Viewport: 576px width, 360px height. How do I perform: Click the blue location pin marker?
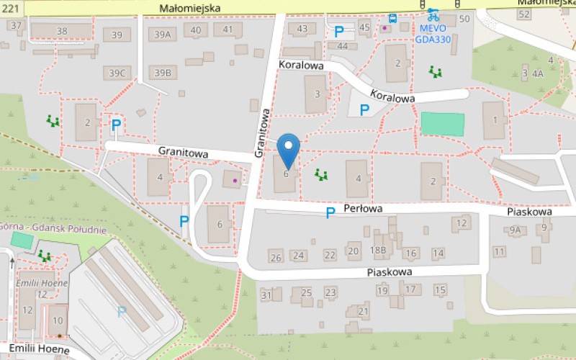288,150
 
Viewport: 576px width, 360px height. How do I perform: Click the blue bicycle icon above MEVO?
433,14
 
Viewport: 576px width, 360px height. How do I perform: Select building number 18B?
379,250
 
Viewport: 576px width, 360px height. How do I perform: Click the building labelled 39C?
117,73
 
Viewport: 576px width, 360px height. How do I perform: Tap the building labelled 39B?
163,73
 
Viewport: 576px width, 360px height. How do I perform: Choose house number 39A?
163,34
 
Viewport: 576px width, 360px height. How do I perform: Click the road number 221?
10,6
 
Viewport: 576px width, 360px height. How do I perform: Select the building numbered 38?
62,31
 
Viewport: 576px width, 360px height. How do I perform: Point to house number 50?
464,19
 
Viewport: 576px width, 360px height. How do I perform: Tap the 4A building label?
537,73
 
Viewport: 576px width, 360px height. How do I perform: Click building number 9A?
514,230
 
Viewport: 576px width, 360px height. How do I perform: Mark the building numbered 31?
266,295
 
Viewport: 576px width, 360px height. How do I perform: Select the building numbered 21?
363,311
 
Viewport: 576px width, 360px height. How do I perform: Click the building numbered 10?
58,320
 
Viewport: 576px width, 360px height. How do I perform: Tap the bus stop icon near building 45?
392,19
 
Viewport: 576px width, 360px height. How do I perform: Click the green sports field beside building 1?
442,124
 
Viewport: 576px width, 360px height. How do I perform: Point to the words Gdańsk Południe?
73,230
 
